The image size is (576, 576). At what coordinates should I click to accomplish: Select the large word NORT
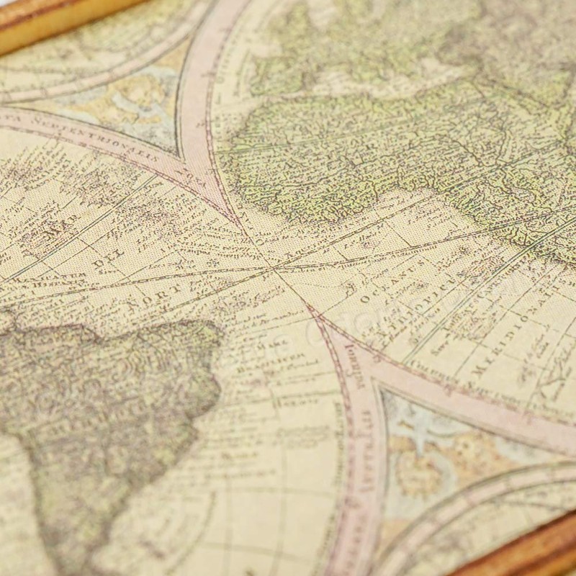point(160,294)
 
